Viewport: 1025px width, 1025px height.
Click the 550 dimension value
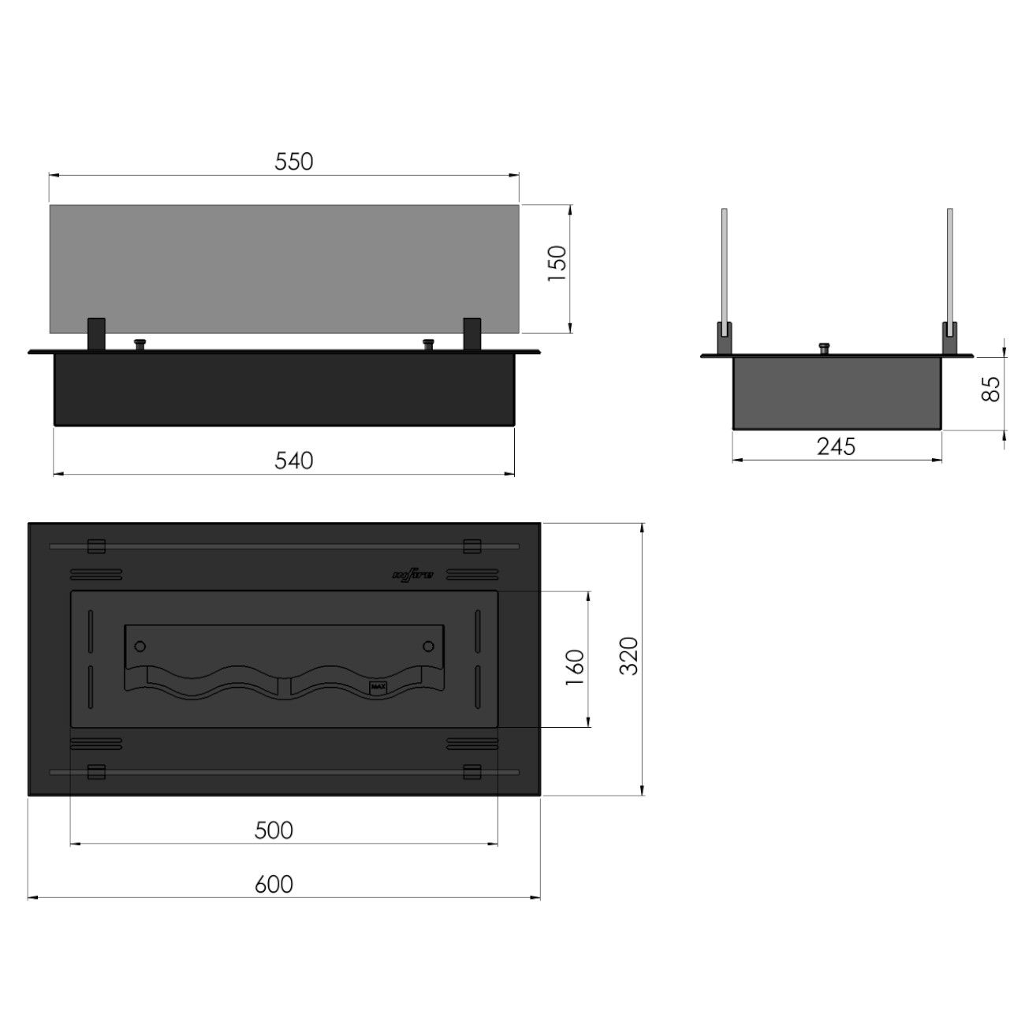pyautogui.click(x=294, y=162)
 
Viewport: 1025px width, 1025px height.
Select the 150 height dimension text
pyautogui.click(x=557, y=263)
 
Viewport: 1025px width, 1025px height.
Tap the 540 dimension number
pyautogui.click(x=294, y=460)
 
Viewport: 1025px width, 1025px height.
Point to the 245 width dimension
pyautogui.click(x=836, y=447)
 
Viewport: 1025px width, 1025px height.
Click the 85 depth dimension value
pyautogui.click(x=991, y=388)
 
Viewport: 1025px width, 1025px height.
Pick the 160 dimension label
pyautogui.click(x=576, y=666)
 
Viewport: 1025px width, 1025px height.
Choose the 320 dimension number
pyautogui.click(x=629, y=656)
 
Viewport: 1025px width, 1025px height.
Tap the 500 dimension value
pyautogui.click(x=274, y=830)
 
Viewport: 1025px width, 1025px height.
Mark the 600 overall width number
pyautogui.click(x=274, y=885)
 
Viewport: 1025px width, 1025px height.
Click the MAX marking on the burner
pyautogui.click(x=378, y=687)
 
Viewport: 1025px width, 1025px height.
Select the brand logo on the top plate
pyautogui.click(x=412, y=574)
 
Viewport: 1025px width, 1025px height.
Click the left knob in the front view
pyautogui.click(x=140, y=345)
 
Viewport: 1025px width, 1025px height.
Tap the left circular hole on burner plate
pyautogui.click(x=140, y=647)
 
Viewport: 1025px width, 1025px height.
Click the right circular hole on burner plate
pyautogui.click(x=428, y=647)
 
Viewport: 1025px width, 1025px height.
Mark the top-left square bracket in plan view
pyautogui.click(x=96, y=546)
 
